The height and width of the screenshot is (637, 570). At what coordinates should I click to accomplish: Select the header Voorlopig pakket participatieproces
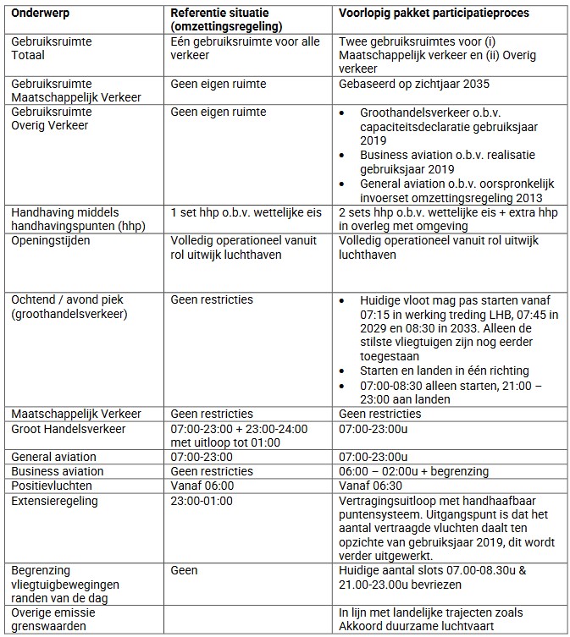click(434, 14)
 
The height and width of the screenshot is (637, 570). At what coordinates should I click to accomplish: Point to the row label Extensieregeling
click(54, 502)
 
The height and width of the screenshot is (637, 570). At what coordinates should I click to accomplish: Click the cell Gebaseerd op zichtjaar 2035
click(413, 85)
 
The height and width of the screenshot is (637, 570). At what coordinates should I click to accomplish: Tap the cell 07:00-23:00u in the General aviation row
click(374, 457)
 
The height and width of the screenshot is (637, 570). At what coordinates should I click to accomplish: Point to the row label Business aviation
click(57, 471)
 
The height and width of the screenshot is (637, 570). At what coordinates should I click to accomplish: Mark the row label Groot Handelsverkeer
click(68, 429)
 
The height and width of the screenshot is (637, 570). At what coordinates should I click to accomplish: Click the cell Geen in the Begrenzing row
click(185, 571)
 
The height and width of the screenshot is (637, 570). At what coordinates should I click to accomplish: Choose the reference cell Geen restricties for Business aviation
click(211, 471)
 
